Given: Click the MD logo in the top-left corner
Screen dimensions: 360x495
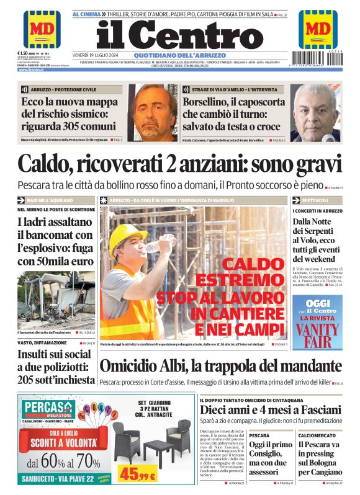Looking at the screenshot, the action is [42, 30].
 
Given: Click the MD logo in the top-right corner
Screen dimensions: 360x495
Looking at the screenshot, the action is [318, 30].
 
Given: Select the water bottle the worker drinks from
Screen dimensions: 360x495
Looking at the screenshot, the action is [153, 246].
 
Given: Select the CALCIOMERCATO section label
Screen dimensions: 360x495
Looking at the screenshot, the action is [317, 435].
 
